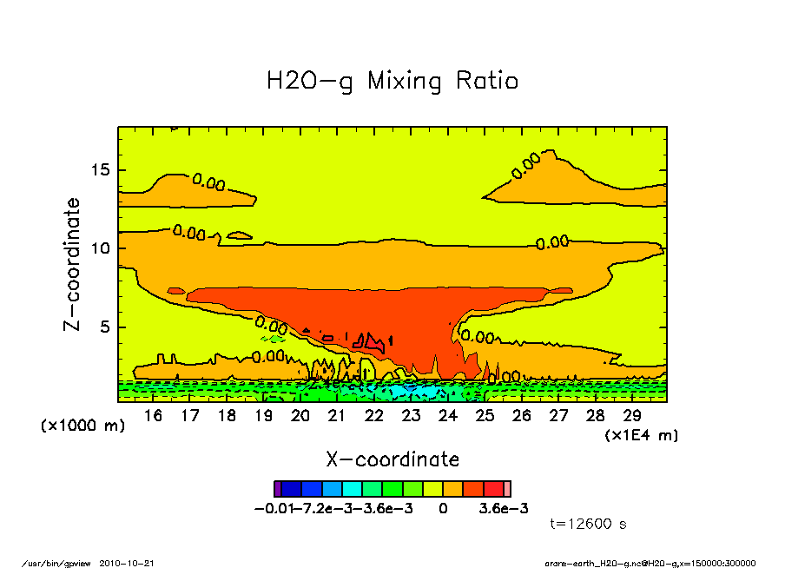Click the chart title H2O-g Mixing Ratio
pos(392,82)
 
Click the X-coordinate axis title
pos(392,459)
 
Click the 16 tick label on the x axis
pos(153,415)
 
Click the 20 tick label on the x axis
pos(300,415)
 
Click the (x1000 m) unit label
pos(83,426)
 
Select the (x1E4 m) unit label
pos(642,434)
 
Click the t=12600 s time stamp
pos(589,524)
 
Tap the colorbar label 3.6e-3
pos(504,508)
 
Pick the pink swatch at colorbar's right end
pos(507,489)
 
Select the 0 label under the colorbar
pos(443,508)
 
